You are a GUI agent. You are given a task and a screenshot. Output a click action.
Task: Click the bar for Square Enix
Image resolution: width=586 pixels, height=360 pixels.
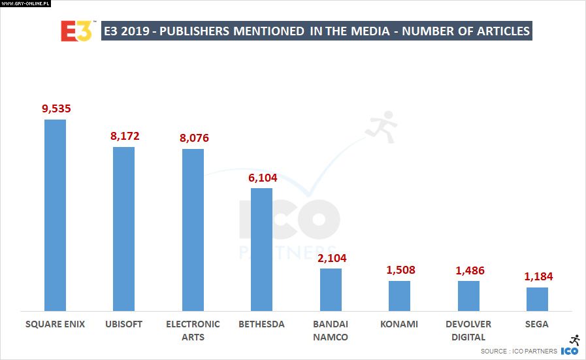click(55, 215)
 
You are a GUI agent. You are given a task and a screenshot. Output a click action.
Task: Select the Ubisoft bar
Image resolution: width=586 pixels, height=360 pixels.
click(123, 229)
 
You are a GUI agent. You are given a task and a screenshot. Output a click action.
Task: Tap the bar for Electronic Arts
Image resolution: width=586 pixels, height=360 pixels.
click(193, 229)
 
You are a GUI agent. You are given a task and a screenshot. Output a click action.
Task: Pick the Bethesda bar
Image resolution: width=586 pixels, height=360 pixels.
click(261, 249)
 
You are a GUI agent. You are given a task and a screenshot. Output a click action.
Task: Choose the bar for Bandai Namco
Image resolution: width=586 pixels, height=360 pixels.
click(331, 289)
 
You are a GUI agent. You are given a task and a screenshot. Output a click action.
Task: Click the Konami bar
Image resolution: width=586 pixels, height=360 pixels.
click(399, 295)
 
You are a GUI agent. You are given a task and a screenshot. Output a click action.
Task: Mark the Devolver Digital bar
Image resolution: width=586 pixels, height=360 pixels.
click(468, 295)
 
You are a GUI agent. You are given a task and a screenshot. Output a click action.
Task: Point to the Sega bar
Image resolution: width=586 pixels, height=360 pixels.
click(537, 299)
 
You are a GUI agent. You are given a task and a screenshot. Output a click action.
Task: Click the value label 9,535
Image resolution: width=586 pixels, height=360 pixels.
click(56, 109)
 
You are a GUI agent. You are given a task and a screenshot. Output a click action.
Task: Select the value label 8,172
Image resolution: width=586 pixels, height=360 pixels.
click(125, 137)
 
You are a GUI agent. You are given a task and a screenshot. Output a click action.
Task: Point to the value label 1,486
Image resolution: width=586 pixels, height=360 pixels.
click(469, 270)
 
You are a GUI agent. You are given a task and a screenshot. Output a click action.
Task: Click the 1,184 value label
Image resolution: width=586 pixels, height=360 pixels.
click(538, 277)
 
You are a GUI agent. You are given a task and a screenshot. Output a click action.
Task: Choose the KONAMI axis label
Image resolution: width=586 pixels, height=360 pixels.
click(400, 324)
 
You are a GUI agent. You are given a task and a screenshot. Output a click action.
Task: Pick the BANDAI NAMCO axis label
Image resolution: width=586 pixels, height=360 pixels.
click(331, 331)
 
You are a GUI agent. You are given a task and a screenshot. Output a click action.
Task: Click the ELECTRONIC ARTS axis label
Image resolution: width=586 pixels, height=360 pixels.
click(193, 331)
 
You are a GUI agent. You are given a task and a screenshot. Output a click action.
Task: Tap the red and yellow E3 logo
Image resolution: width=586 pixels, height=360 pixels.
click(76, 31)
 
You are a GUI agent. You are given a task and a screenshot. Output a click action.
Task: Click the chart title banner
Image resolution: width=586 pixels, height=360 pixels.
click(316, 31)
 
